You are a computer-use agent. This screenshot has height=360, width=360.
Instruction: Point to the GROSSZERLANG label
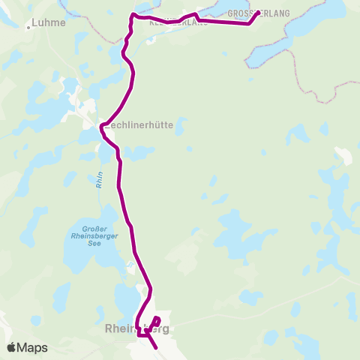258,13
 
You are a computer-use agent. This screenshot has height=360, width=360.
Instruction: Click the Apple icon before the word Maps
11,347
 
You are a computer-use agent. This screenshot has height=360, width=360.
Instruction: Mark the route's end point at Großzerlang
258,13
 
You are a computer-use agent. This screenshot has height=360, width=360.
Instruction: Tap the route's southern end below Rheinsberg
155,348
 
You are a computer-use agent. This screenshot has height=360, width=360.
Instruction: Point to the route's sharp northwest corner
133,15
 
